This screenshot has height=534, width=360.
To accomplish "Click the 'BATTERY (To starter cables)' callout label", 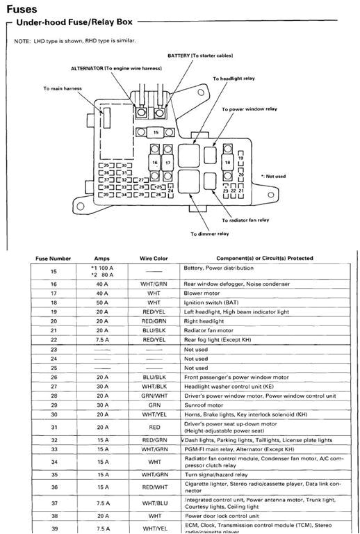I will [x=200, y=55].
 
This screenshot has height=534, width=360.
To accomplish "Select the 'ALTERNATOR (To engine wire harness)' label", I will [x=116, y=70].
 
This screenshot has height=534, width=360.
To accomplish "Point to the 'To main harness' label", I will [x=62, y=89].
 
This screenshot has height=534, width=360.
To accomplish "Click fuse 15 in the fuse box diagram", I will [x=156, y=131].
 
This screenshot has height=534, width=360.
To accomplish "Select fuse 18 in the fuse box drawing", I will [x=227, y=161].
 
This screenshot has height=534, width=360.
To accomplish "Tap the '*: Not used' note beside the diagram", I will [x=273, y=176].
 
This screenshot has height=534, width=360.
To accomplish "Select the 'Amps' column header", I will [x=101, y=258].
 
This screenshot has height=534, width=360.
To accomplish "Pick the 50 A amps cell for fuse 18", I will [x=101, y=304].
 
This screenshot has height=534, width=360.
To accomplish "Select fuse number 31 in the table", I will [x=53, y=426].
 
